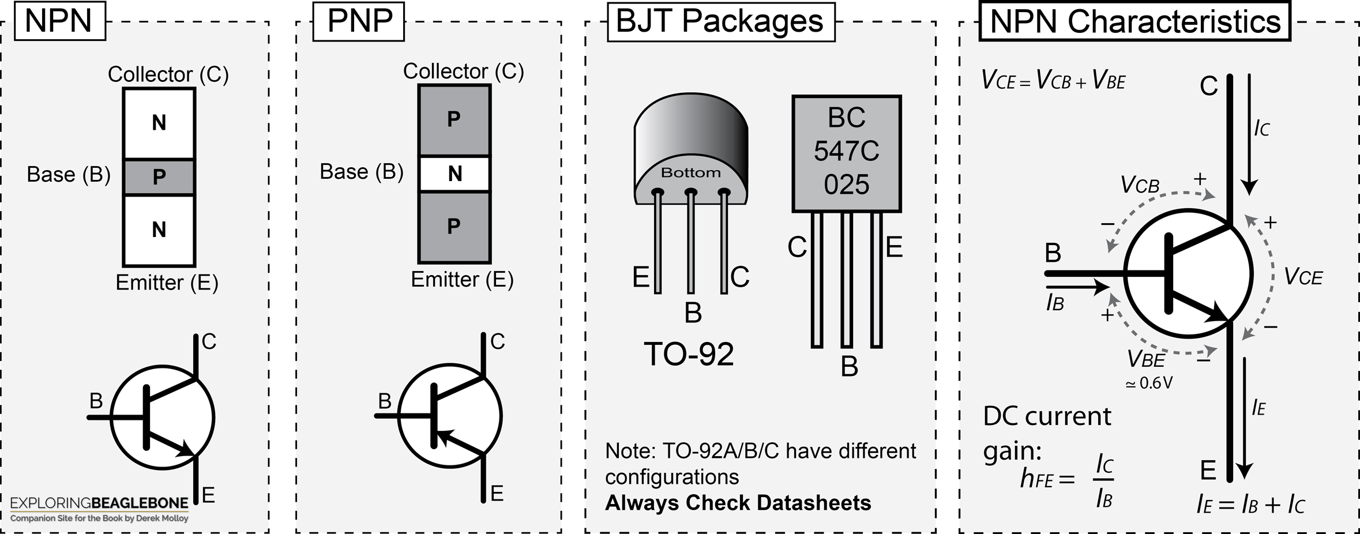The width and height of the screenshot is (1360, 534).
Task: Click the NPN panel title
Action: [x=59, y=21]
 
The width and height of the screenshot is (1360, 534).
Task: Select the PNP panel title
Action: [x=359, y=21]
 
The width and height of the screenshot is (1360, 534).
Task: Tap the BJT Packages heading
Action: [x=721, y=21]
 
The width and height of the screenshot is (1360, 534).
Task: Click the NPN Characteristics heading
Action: [x=1134, y=21]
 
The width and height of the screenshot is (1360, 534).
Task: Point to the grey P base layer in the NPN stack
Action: [x=159, y=177]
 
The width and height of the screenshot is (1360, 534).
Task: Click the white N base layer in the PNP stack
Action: [x=454, y=174]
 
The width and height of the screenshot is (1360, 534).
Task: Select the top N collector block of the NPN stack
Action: [x=159, y=123]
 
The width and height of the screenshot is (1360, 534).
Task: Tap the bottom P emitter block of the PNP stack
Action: [x=454, y=227]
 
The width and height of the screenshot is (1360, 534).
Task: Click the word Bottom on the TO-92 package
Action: [x=690, y=172]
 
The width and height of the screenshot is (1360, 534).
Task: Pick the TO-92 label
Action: [x=689, y=354]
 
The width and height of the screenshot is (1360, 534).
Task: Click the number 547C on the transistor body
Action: [x=847, y=151]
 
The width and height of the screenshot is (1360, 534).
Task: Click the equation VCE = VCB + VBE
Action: [x=1053, y=80]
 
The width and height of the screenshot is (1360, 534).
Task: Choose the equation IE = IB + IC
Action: [x=1250, y=505]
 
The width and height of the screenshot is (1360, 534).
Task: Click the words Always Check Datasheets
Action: [x=738, y=503]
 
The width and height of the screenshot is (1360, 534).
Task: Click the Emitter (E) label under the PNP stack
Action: [x=462, y=280]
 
